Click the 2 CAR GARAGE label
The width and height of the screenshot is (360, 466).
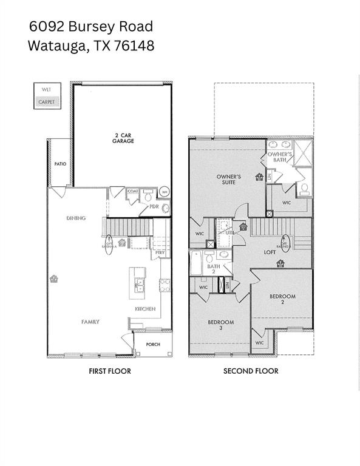(123, 138)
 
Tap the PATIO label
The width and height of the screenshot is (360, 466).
(59, 164)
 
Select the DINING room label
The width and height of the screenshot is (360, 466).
(76, 218)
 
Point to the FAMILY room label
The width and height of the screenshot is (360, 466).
(91, 322)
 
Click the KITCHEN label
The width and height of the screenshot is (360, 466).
(145, 309)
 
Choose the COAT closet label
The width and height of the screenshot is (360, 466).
(132, 191)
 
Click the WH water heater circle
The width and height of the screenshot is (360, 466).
(163, 193)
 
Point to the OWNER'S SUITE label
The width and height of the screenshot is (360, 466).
(229, 179)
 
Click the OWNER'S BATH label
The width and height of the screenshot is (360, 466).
(281, 157)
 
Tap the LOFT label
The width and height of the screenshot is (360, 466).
(270, 251)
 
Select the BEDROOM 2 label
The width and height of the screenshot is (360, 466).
(282, 299)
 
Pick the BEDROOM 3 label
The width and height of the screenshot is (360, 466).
(221, 325)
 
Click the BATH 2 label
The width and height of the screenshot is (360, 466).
(213, 269)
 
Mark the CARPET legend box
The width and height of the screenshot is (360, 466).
(46, 102)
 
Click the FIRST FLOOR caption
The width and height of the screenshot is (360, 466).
(109, 371)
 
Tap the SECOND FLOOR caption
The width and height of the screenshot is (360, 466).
(251, 371)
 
